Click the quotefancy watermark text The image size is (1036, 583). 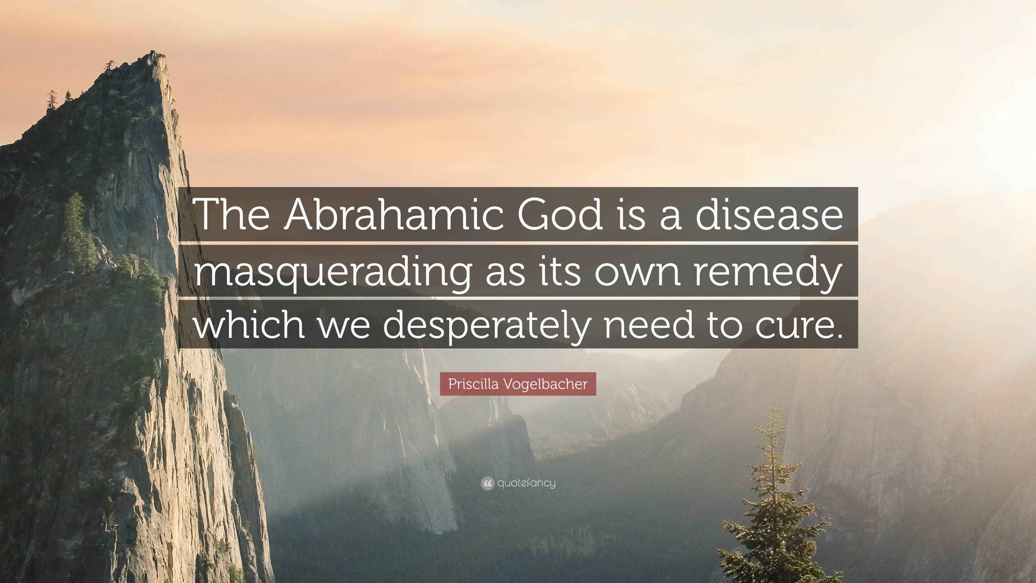tap(526, 483)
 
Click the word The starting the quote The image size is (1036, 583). tap(233, 215)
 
